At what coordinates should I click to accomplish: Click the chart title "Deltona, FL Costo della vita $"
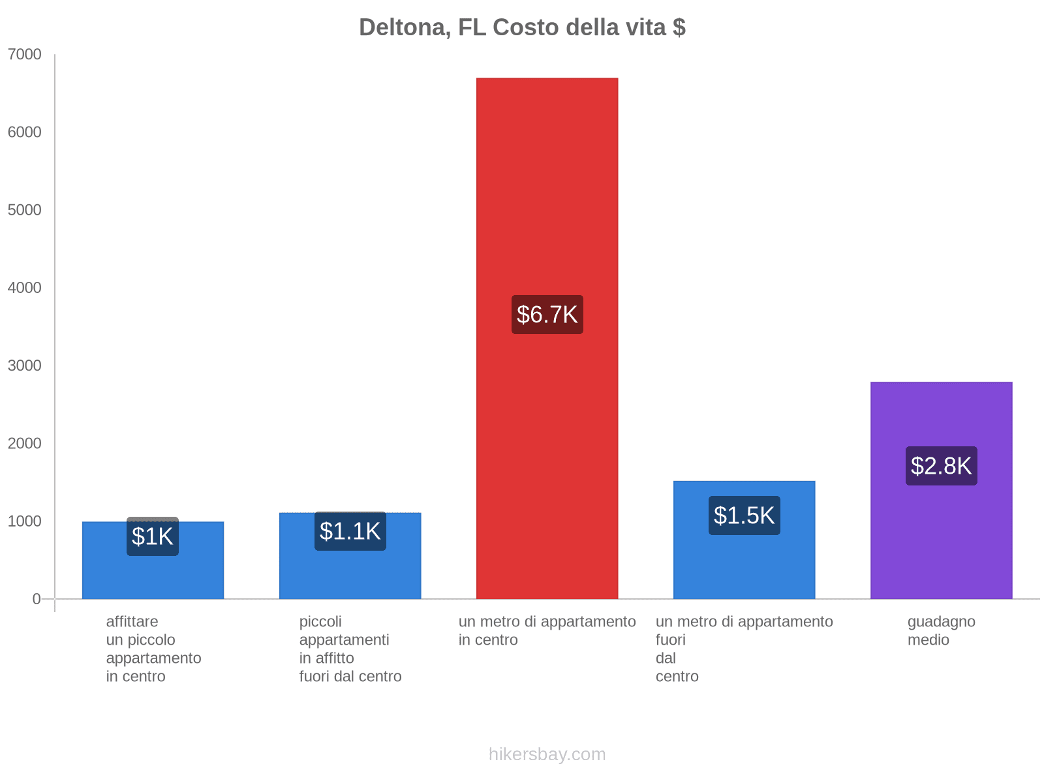[522, 27]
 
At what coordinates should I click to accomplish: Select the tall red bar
[547, 196]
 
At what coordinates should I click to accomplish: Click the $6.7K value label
[547, 315]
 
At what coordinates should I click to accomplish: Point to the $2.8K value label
[941, 466]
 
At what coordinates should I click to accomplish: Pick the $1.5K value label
[744, 515]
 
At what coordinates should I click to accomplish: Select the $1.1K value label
[350, 531]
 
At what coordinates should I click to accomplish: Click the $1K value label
[152, 536]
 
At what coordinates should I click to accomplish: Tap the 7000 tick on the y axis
[25, 55]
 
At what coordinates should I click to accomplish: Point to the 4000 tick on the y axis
[25, 288]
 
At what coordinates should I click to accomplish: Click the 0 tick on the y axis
[37, 599]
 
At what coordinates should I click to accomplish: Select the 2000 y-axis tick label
[25, 444]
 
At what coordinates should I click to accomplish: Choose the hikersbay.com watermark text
[547, 754]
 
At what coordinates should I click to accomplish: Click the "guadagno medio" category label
[941, 631]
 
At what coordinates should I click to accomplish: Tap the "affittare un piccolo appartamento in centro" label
[153, 649]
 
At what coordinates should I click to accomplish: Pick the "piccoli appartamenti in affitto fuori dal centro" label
[350, 649]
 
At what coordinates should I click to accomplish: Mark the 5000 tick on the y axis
[25, 210]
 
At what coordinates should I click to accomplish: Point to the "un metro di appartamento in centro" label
[547, 631]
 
